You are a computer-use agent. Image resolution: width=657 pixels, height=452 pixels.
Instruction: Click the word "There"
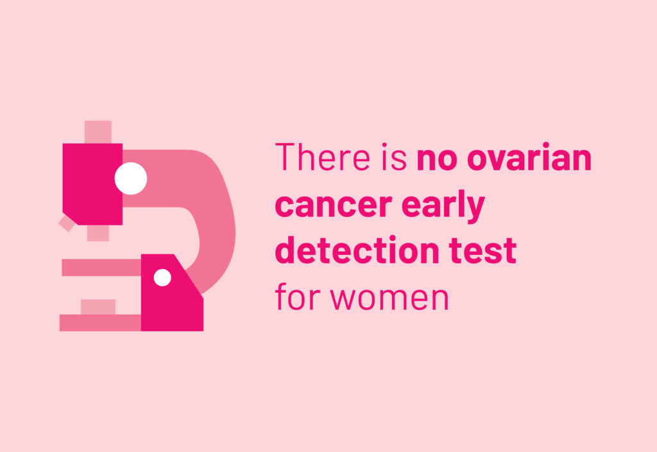pos(323,157)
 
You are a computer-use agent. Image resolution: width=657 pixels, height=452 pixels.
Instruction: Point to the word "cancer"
pos(334,206)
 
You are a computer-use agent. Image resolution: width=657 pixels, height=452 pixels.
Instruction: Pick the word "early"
pos(443,206)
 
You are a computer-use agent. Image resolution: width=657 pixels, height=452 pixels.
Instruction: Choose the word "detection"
pos(357,250)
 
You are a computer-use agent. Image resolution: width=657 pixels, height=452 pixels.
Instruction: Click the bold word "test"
pos(482,251)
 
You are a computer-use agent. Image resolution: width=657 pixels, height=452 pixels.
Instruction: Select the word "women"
pos(389,298)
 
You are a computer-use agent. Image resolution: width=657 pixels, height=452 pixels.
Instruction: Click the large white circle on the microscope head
pos(131,178)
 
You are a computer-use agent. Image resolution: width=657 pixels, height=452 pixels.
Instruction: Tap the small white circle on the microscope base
pos(162,277)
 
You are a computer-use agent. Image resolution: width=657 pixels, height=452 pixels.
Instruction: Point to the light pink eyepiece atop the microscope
pos(98,132)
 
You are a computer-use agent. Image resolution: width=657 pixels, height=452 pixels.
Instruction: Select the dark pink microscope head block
pos(92,184)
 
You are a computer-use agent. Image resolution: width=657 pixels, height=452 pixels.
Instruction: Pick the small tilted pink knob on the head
pos(67,223)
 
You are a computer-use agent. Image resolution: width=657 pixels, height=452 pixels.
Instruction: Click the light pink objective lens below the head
pos(98,233)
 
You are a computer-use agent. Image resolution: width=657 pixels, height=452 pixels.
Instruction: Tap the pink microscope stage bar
pos(101,268)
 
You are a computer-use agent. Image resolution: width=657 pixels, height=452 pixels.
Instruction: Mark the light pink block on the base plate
pos(98,307)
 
